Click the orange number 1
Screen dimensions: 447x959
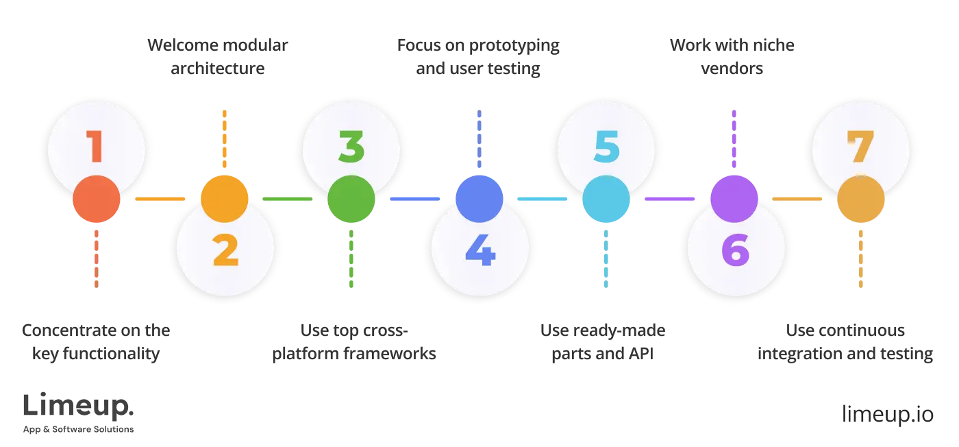[95, 147]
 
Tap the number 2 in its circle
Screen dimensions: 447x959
[225, 251]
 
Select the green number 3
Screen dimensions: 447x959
[351, 147]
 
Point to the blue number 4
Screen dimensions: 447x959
[480, 251]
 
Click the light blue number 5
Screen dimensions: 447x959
[606, 147]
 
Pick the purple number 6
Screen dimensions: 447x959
[734, 251]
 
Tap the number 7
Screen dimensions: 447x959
[860, 147]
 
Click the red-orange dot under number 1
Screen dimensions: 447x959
[96, 200]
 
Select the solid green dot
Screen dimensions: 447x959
[351, 200]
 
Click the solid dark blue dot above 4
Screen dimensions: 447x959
[480, 199]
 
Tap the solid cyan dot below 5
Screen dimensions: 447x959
[606, 200]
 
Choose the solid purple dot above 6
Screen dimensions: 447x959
[734, 199]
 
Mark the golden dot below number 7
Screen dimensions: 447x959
[861, 200]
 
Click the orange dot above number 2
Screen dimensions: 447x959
[225, 199]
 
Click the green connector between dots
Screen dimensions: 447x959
[288, 200]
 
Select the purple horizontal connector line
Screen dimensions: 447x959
[670, 200]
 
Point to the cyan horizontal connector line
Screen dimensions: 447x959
[543, 200]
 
